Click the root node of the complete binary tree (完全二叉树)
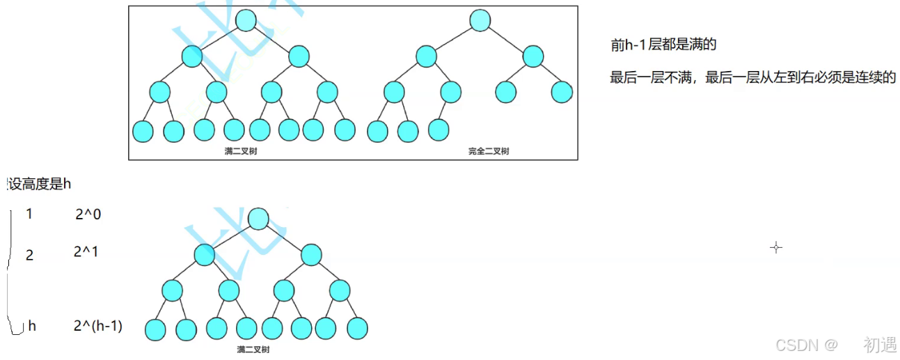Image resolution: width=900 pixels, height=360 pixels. tap(480, 20)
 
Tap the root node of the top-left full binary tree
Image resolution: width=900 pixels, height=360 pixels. tap(246, 20)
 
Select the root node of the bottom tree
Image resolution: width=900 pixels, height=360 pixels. tap(258, 219)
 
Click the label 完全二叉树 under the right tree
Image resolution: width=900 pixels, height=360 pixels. tap(489, 151)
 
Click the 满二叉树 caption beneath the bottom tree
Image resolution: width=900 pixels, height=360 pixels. tap(253, 350)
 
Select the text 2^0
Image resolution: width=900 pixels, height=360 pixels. tap(88, 214)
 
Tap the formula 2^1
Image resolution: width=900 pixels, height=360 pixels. tap(86, 252)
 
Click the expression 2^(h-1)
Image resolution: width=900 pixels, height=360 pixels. tap(97, 325)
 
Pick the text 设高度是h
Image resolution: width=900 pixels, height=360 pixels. tap(39, 185)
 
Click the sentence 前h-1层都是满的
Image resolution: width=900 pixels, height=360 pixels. tap(663, 45)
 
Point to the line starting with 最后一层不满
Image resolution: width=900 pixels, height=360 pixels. tap(752, 77)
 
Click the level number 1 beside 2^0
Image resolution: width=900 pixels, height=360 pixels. tap(29, 214)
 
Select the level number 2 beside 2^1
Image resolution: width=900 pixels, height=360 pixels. tap(29, 255)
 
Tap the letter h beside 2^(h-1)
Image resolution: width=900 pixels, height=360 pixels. tap(32, 326)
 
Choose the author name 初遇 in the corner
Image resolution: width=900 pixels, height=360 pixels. tap(880, 345)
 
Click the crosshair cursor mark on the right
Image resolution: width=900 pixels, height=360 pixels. tap(776, 247)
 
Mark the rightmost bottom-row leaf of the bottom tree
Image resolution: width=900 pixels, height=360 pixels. tap(357, 329)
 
